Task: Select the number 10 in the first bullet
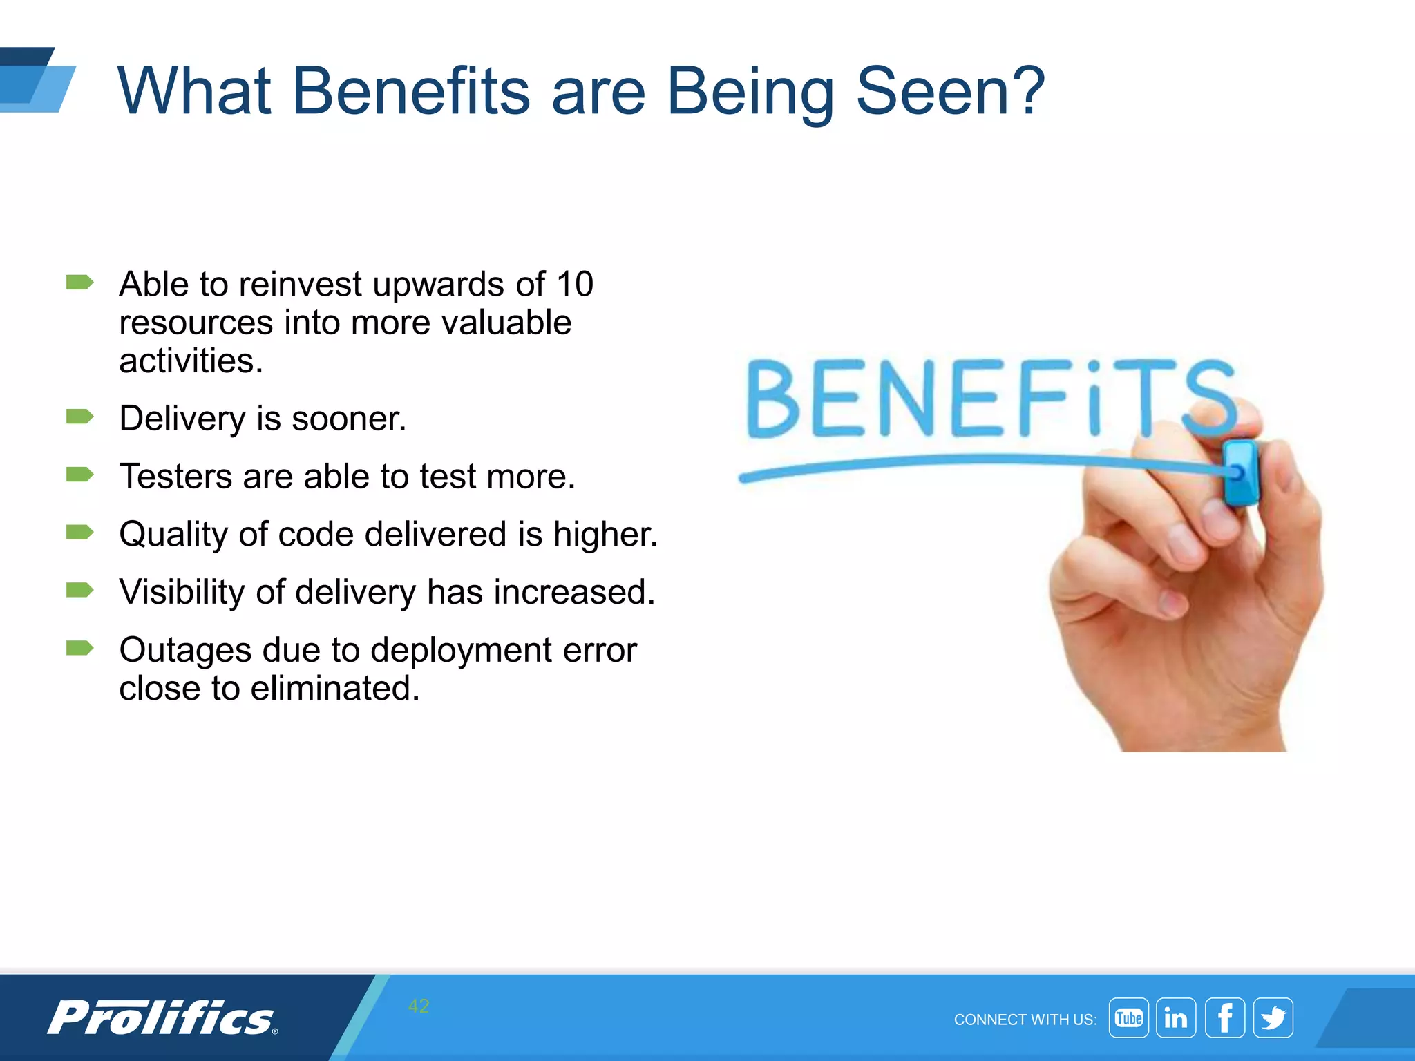[575, 284]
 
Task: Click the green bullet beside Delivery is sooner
[79, 417]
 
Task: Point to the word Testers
[175, 477]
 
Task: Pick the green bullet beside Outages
[79, 648]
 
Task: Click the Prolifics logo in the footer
[162, 1017]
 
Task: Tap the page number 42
[419, 1006]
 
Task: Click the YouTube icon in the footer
[1128, 1018]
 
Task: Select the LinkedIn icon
[1176, 1018]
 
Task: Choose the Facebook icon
[1225, 1018]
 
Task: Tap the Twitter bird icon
[1273, 1018]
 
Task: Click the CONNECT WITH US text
[1025, 1020]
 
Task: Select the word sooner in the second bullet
[349, 419]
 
